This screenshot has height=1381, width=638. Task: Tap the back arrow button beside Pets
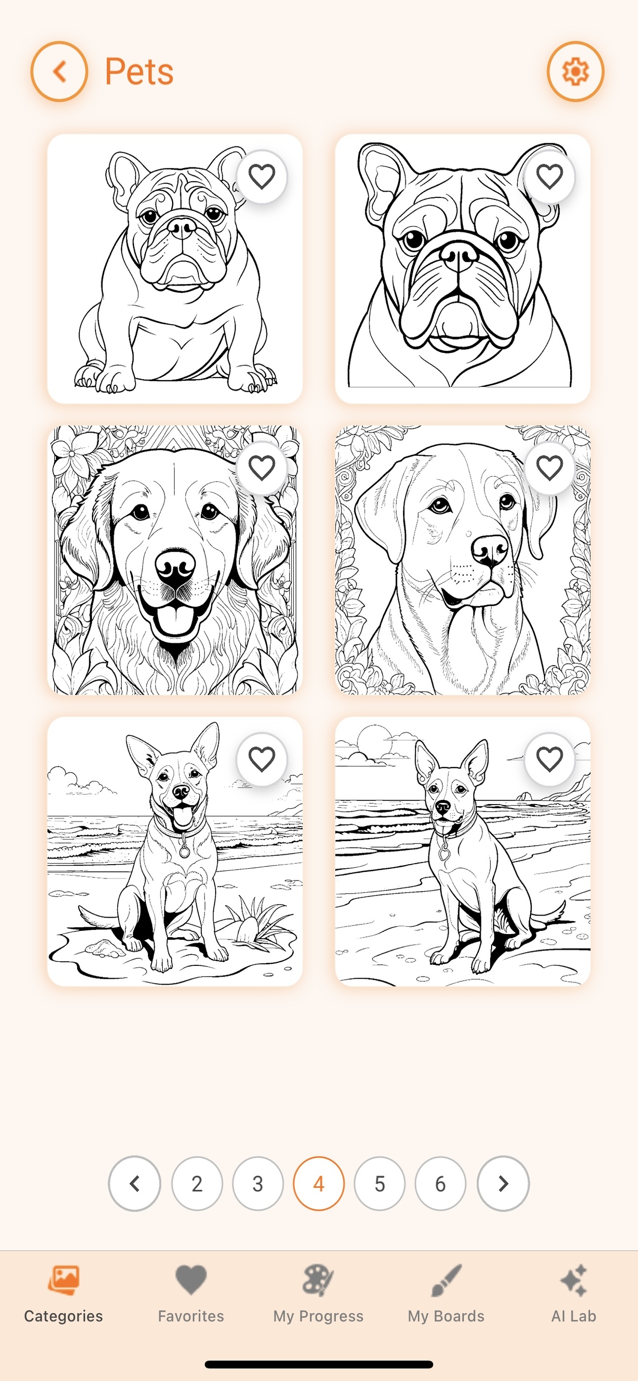(x=59, y=71)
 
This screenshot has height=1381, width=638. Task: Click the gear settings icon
(x=575, y=71)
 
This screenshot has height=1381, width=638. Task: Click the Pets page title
(x=139, y=71)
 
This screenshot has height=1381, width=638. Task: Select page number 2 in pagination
(x=197, y=1183)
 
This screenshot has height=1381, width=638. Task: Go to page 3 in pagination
(x=258, y=1183)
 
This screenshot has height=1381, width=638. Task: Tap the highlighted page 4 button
(x=318, y=1183)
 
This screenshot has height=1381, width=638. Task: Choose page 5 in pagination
(x=380, y=1183)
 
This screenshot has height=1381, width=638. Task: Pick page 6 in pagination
(x=440, y=1183)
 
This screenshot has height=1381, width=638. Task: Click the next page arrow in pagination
(x=503, y=1183)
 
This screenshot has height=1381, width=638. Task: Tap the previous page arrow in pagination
(x=135, y=1183)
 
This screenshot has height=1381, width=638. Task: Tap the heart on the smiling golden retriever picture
(x=261, y=468)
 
